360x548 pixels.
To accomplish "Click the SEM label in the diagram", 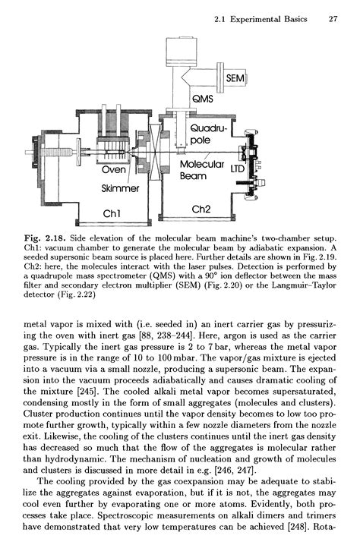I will [238, 78].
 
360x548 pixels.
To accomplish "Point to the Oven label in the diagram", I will [114, 171].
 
